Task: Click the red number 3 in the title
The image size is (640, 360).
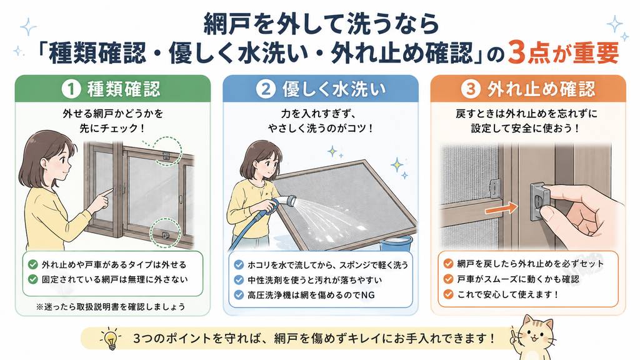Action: [516, 52]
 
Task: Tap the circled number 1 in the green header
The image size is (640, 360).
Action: [71, 89]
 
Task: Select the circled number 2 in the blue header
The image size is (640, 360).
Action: [266, 89]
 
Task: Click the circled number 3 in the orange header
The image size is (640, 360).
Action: [471, 89]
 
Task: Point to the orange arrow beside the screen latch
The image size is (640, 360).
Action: [501, 209]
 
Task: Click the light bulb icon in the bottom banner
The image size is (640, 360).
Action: [110, 338]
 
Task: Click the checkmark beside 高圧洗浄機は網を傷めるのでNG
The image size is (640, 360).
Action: [239, 295]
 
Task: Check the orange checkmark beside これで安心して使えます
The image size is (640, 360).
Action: [448, 294]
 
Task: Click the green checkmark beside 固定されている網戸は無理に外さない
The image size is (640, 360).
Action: [32, 279]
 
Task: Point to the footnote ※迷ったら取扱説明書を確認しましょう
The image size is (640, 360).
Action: [110, 306]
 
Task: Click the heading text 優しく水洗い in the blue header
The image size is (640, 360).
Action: [334, 89]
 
